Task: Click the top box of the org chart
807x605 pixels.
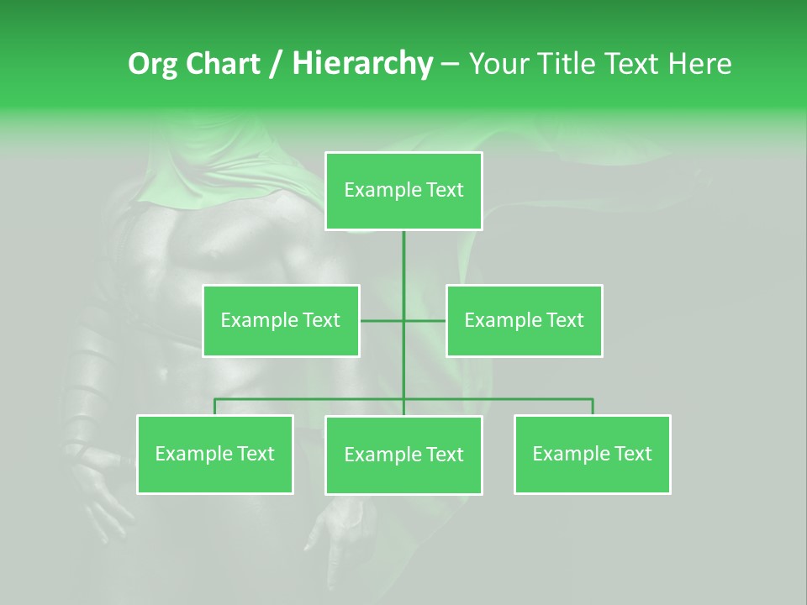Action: pyautogui.click(x=403, y=191)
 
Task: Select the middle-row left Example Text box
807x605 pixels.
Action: pyautogui.click(x=281, y=320)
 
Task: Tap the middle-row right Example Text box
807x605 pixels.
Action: pyautogui.click(x=524, y=320)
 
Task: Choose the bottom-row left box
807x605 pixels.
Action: pyautogui.click(x=215, y=455)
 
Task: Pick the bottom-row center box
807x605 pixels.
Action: pyautogui.click(x=403, y=455)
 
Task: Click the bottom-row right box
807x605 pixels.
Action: pyautogui.click(x=592, y=455)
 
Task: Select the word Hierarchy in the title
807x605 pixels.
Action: pyautogui.click(x=362, y=64)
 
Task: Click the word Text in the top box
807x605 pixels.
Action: pyautogui.click(x=444, y=191)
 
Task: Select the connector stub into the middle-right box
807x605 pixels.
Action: pyautogui.click(x=425, y=320)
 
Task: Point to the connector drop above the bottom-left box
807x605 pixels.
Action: pyautogui.click(x=215, y=407)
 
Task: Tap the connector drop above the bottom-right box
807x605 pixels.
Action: pyautogui.click(x=593, y=407)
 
